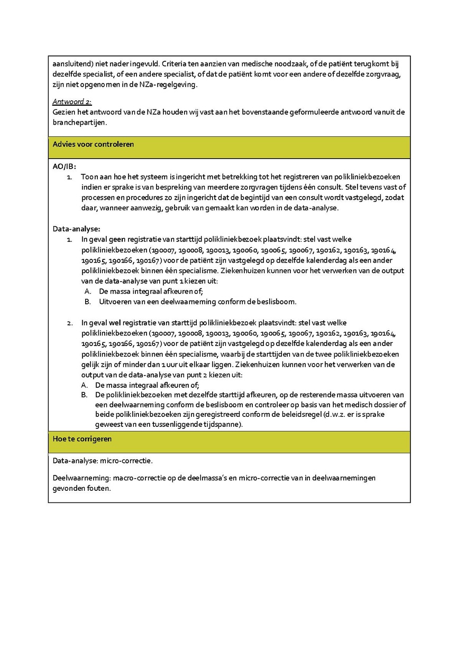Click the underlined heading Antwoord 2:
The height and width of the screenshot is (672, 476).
[x=72, y=101]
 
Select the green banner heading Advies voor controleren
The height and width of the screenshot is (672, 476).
[x=93, y=144]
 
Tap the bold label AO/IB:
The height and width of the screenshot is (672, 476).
[x=65, y=166]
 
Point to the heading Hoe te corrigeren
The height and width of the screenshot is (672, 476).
[x=82, y=439]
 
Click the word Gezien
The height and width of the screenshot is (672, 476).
[x=64, y=112]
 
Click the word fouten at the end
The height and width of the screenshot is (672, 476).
[x=100, y=489]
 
